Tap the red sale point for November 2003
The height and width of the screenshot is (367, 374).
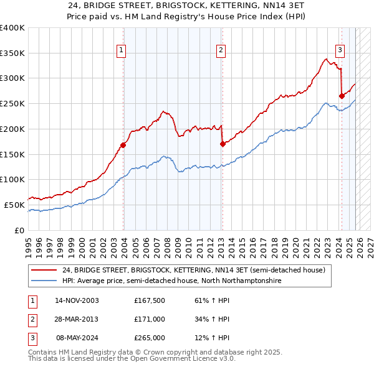coord(123,146)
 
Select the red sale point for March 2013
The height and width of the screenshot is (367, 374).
coord(223,144)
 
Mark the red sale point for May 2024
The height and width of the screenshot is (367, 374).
coord(342,96)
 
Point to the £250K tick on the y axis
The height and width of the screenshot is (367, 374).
coord(12,103)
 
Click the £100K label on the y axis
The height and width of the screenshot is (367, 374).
coord(12,179)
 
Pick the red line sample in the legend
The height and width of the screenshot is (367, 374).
coord(44,271)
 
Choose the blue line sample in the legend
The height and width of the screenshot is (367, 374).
coord(44,281)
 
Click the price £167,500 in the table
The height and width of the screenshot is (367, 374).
coord(148,300)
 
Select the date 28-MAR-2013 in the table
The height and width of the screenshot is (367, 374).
coord(77,319)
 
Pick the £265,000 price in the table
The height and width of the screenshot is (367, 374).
coord(148,338)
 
